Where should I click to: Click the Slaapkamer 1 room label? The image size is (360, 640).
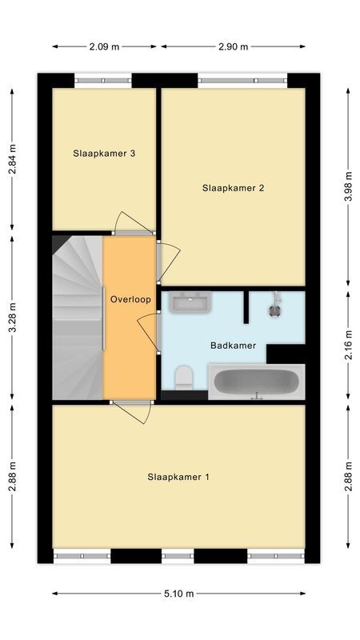pyautogui.click(x=178, y=478)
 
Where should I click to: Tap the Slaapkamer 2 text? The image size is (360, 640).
pyautogui.click(x=233, y=189)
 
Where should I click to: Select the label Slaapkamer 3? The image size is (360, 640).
pyautogui.click(x=103, y=154)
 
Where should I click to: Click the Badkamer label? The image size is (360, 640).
pyautogui.click(x=233, y=346)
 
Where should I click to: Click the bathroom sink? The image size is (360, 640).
pyautogui.click(x=190, y=302)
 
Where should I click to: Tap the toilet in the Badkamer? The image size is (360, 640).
pyautogui.click(x=183, y=376)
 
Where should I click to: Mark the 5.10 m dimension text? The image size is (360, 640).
pyautogui.click(x=178, y=594)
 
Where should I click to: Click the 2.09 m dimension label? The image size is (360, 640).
pyautogui.click(x=104, y=46)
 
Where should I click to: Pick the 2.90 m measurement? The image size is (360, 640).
pyautogui.click(x=233, y=46)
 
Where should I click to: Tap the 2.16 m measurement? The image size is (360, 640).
pyautogui.click(x=348, y=344)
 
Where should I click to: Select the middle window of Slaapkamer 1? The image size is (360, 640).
pyautogui.click(x=178, y=556)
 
